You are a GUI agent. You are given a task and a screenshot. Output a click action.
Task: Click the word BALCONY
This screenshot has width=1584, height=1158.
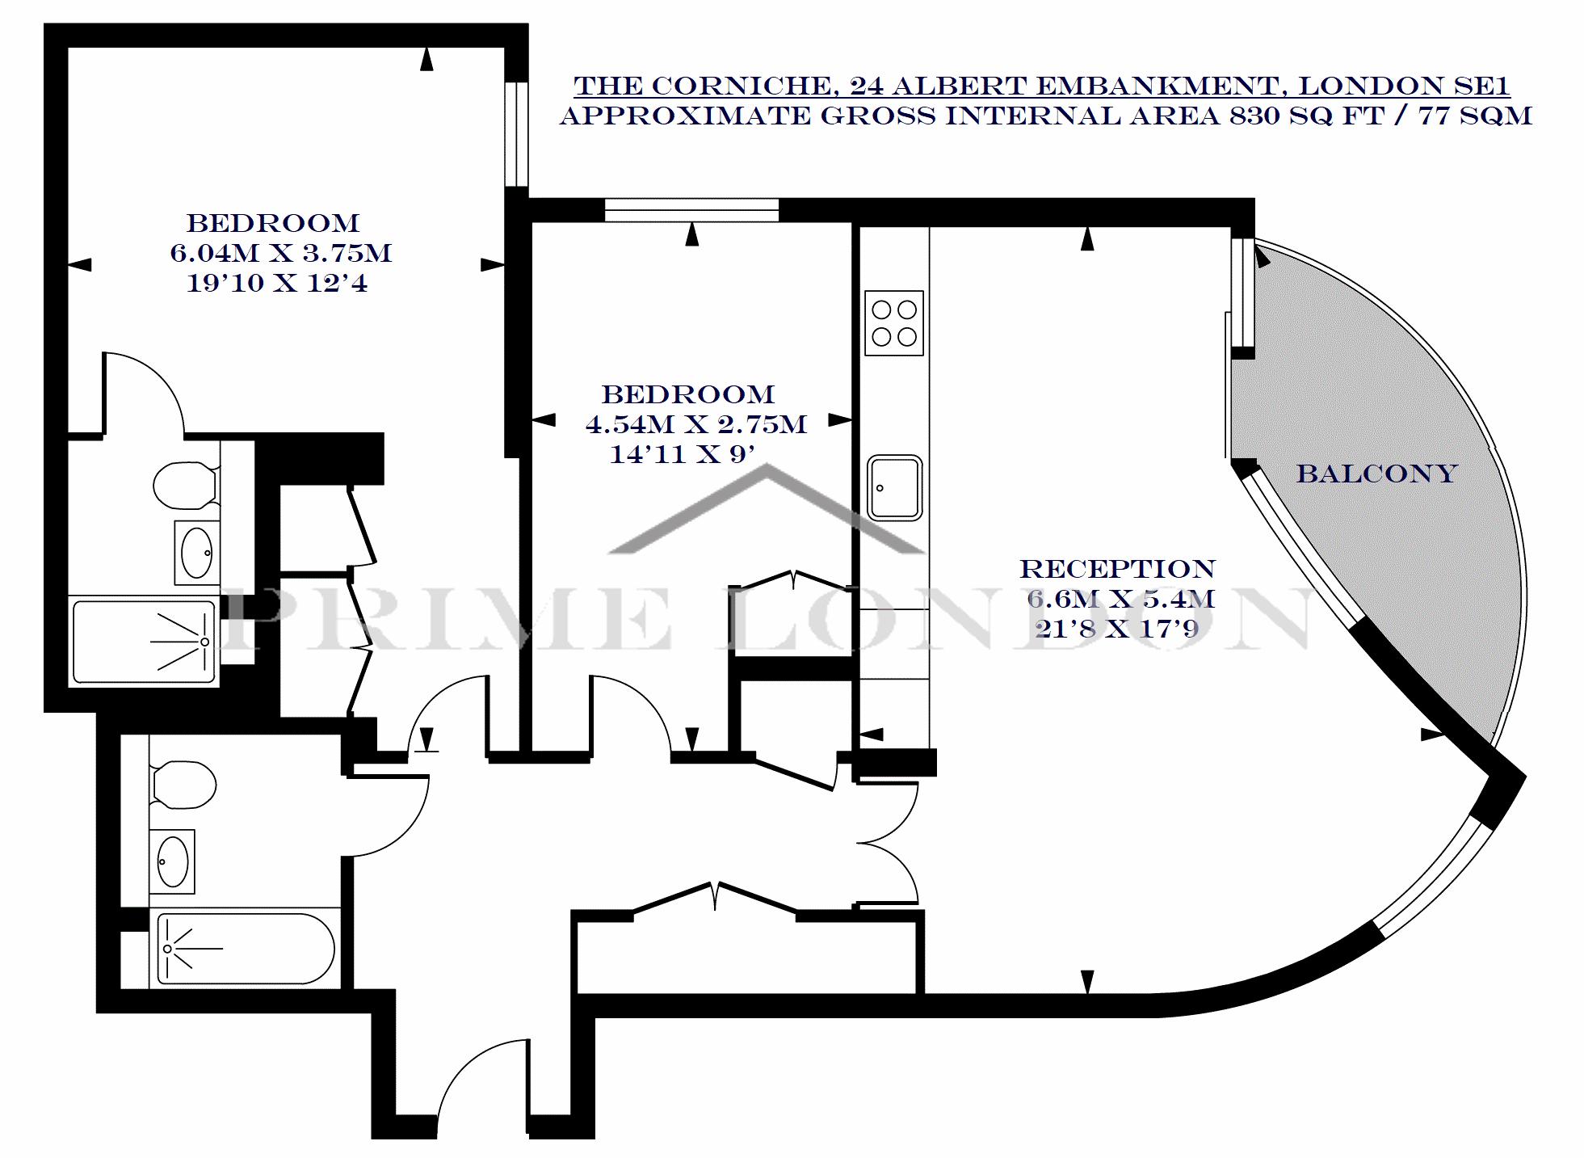pos(1376,473)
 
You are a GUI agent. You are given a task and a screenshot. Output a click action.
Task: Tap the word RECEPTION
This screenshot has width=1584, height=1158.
pos(1117,569)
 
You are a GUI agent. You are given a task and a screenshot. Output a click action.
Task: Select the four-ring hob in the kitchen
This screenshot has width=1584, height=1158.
pos(893,322)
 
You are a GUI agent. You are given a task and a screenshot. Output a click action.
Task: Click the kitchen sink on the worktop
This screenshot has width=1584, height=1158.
pos(895,487)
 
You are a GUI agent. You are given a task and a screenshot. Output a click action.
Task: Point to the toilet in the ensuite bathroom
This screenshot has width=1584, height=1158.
pos(186,485)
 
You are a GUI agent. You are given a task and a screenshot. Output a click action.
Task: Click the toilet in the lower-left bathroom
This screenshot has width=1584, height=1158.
pos(183,785)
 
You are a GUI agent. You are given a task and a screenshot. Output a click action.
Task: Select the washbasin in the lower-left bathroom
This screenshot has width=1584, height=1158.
pos(172,861)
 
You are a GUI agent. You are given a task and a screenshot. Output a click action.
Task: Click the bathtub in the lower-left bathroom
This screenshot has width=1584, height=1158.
pos(245,949)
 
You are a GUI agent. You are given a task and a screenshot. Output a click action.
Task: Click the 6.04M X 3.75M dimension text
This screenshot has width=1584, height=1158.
pos(280,253)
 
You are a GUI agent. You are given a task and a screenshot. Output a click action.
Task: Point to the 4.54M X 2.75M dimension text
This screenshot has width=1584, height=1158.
pos(695,424)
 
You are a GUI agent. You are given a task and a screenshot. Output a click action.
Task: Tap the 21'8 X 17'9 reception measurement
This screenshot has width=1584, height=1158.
pos(1117,629)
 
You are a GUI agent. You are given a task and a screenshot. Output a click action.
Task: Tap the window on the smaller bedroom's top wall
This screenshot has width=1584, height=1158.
pos(691,210)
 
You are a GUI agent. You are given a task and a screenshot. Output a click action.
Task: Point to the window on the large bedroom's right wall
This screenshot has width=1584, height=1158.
pos(516,134)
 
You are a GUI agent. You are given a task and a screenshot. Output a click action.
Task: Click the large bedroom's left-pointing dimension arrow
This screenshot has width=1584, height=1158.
pos(79,264)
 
